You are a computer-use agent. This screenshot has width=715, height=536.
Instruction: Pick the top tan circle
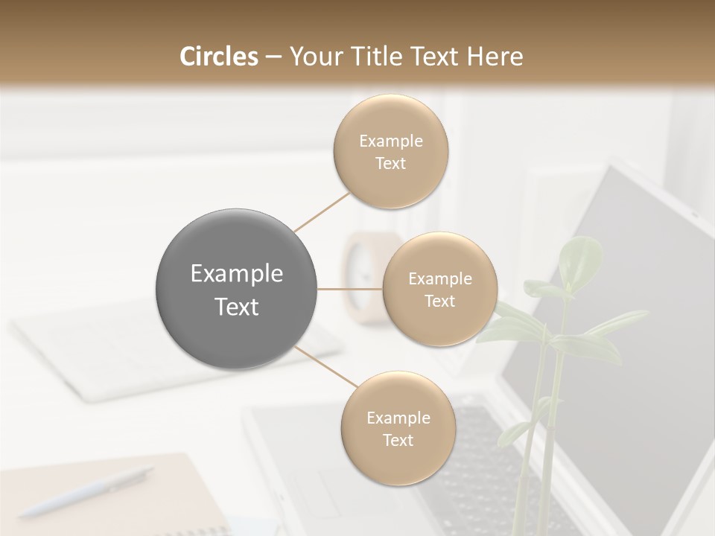[x=390, y=151]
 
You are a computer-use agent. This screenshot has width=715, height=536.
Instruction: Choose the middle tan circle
[x=439, y=289]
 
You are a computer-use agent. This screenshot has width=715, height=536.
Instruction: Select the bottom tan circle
[x=398, y=428]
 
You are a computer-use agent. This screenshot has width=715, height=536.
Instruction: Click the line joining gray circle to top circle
[x=322, y=211]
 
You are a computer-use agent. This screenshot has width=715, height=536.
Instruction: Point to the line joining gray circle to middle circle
[x=349, y=289]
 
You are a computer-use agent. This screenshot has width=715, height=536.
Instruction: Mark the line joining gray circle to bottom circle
[x=325, y=368]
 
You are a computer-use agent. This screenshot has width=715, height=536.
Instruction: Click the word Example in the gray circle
[x=237, y=274]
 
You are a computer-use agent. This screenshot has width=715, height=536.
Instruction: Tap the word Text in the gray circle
[x=237, y=307]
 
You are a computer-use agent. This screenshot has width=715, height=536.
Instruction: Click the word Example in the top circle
[x=390, y=141]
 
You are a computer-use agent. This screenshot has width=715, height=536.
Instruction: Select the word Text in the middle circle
[x=439, y=301]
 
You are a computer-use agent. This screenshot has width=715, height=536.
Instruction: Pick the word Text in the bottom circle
[x=398, y=440]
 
